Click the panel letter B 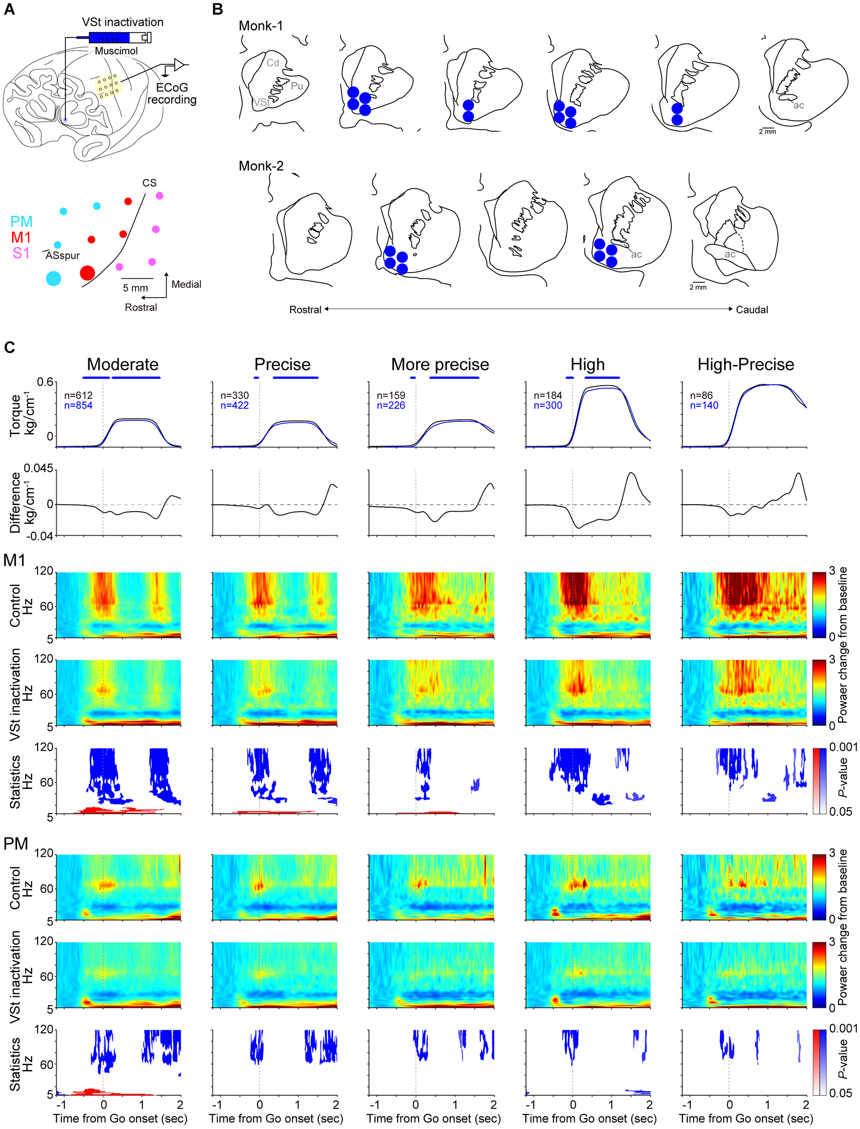[218, 10]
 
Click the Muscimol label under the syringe [116, 51]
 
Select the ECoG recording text [172, 94]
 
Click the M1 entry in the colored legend [21, 238]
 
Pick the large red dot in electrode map [87, 273]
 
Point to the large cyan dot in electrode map [54, 278]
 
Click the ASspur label [62, 256]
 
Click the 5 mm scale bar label [135, 288]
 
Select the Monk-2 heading [261, 166]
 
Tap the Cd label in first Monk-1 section [273, 62]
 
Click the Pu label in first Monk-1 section [297, 86]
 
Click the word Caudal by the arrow [752, 310]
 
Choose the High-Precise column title [745, 364]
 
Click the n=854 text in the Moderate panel [79, 405]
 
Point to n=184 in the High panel [548, 396]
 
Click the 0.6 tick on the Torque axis [45, 382]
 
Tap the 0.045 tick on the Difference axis [39, 469]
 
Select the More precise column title [440, 364]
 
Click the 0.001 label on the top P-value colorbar [843, 747]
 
